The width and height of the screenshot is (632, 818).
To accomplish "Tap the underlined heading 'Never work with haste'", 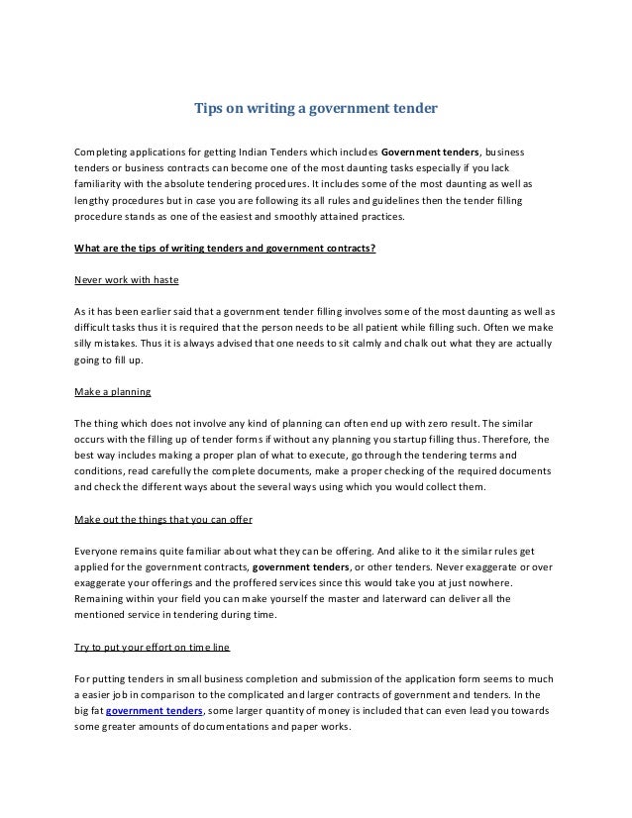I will point(126,280).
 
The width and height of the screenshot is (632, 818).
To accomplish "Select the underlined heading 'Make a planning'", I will point(112,391).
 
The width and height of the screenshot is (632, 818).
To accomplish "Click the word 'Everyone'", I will point(99,550).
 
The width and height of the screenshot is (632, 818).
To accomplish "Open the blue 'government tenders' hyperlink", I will point(155,711).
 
